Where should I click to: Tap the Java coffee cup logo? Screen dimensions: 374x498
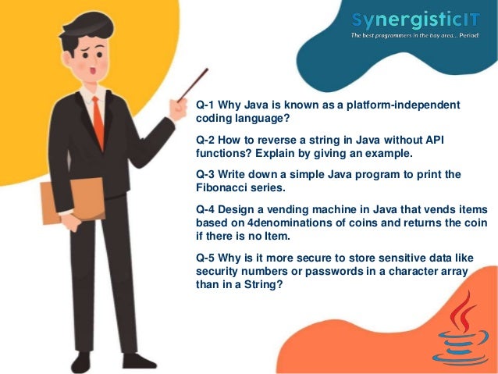(463, 328)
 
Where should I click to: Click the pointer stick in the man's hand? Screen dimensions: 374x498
(190, 86)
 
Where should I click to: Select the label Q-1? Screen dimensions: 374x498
(208, 105)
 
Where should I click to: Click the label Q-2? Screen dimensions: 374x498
(208, 139)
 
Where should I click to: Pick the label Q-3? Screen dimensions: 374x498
(208, 174)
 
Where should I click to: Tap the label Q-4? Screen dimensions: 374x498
(208, 209)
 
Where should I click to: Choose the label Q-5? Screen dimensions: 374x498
(208, 257)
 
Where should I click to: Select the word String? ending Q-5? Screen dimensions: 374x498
(262, 283)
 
